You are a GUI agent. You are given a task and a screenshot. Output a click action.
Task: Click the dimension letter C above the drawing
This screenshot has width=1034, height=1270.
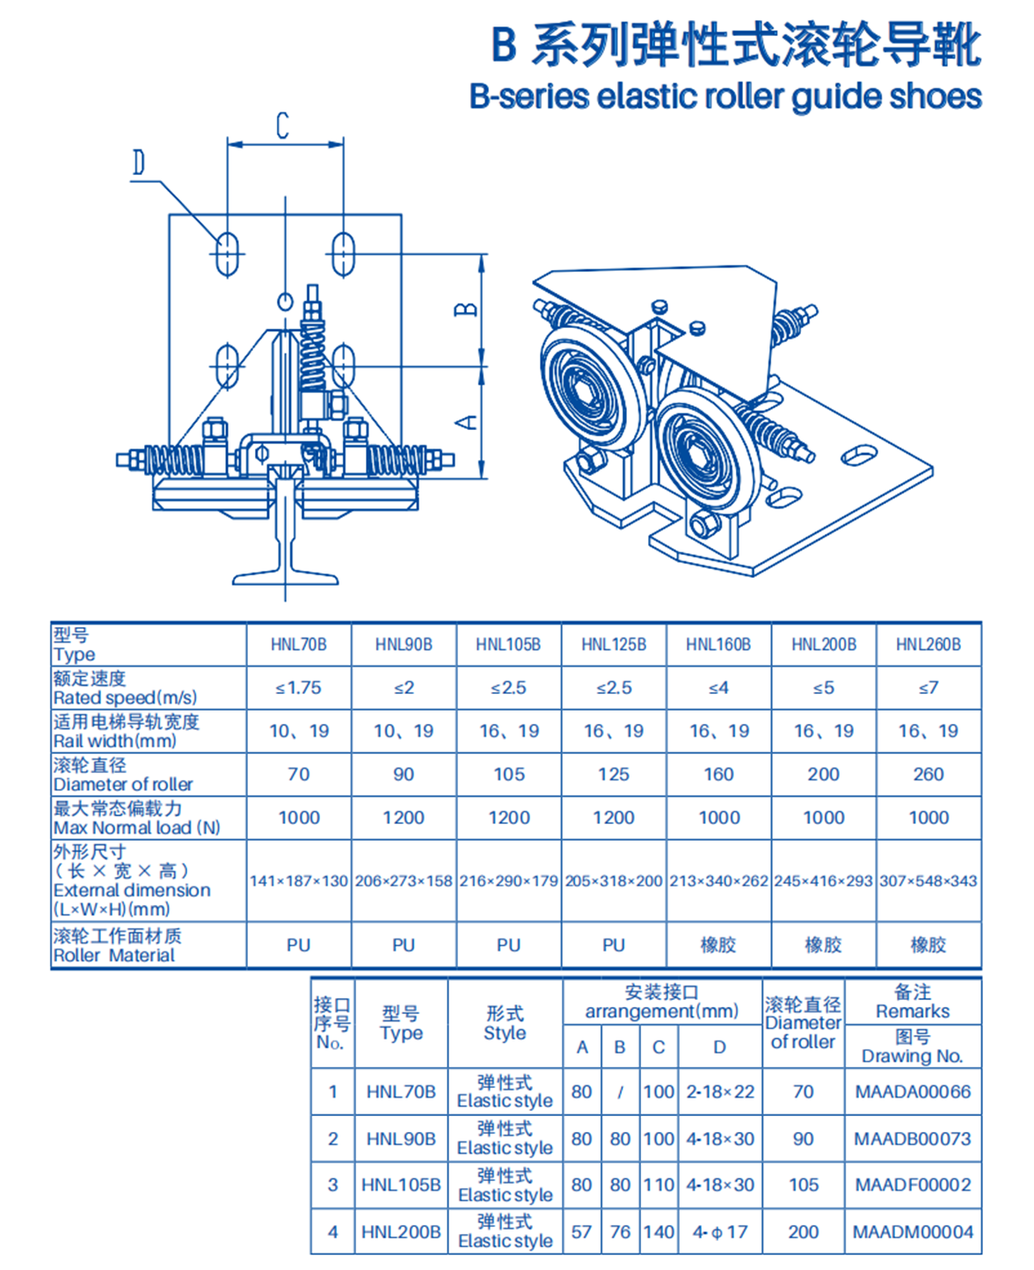[282, 125]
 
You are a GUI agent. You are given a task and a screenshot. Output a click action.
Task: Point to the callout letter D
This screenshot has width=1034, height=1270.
[139, 163]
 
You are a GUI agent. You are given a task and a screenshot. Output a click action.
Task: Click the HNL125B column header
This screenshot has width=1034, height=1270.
[614, 645]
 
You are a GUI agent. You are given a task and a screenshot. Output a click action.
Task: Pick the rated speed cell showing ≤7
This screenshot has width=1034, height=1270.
[928, 688]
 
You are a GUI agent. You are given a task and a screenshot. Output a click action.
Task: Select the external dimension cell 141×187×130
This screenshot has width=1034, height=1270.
[299, 880]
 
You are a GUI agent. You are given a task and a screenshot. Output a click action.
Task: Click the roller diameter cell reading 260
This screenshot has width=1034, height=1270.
[928, 774]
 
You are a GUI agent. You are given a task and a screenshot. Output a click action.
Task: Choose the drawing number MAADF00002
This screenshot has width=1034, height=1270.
[913, 1185]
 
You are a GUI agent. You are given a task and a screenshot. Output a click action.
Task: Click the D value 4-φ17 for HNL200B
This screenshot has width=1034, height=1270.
[720, 1232]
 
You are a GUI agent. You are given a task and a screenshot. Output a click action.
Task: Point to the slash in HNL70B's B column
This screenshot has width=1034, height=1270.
[620, 1092]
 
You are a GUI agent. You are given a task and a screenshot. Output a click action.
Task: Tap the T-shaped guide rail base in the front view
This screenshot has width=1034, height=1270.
[286, 577]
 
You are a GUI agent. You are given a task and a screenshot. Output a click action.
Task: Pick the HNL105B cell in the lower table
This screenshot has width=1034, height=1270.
[401, 1185]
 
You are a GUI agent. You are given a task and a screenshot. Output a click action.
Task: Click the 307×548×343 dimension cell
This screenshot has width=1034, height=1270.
[928, 880]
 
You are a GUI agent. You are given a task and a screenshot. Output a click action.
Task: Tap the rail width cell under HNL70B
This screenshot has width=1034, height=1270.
[299, 731]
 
